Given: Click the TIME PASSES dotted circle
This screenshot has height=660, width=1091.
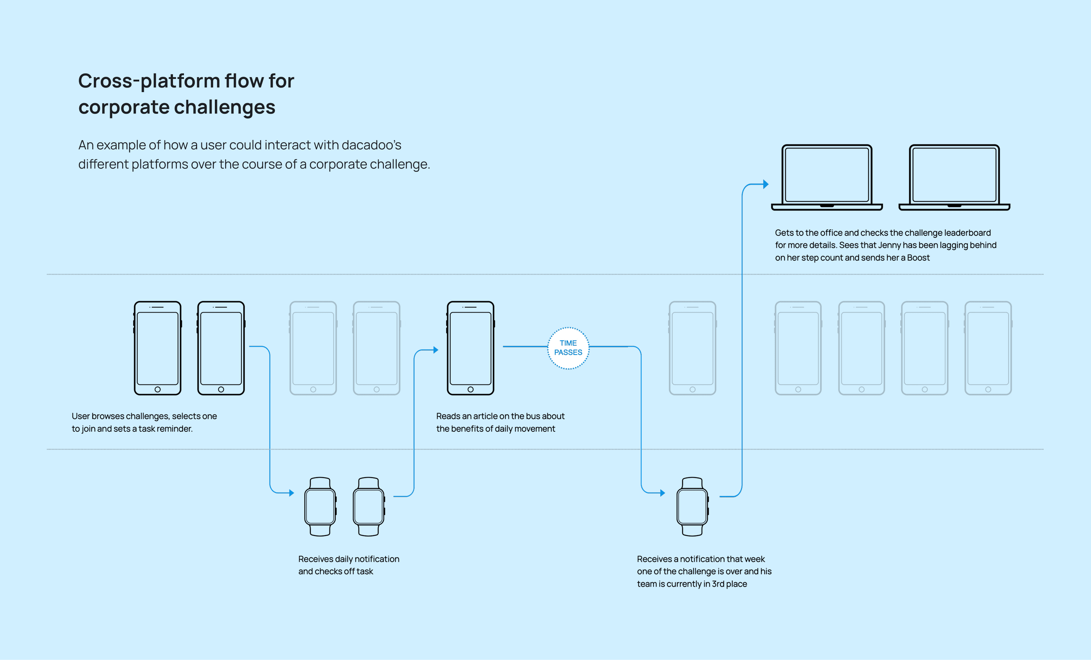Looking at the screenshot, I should (568, 348).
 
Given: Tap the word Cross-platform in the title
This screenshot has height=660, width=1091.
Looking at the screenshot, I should (149, 81).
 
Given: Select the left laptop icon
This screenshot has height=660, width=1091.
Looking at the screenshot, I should (827, 177).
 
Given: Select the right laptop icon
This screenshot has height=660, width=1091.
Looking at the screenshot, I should (954, 177).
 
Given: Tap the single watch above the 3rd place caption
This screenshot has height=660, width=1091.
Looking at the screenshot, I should (692, 507).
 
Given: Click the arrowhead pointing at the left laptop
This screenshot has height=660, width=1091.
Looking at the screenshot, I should (766, 185).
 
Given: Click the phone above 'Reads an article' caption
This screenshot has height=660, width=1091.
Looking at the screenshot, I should (470, 348).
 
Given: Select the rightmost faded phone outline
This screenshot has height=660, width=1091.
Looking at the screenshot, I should (988, 348).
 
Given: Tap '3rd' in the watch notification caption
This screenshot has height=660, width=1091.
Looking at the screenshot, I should (718, 584).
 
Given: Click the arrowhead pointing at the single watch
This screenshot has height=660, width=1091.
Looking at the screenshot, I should (662, 493).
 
